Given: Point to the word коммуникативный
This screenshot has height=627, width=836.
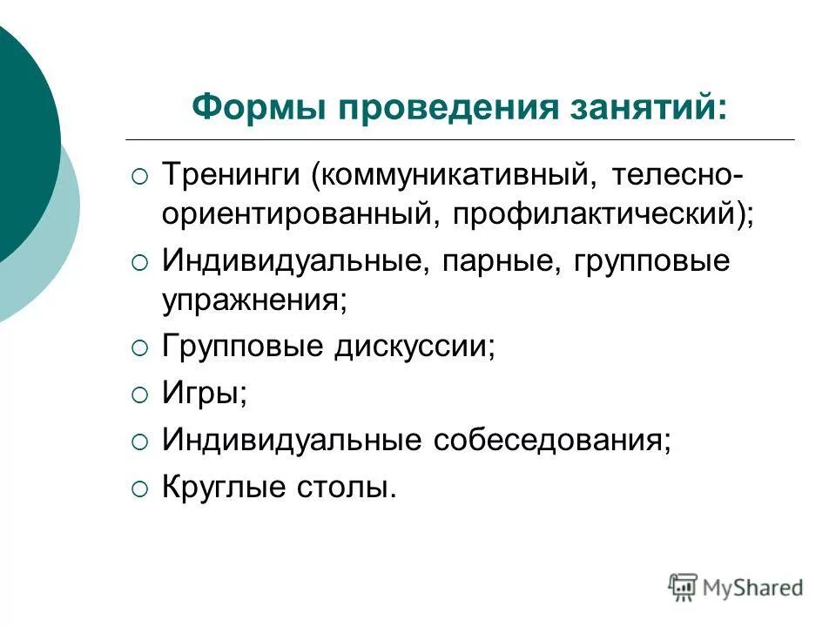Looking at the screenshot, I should click(x=456, y=176).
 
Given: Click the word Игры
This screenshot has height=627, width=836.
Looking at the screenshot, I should click(x=203, y=394).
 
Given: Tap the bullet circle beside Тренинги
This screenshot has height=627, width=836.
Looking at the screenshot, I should click(x=140, y=177).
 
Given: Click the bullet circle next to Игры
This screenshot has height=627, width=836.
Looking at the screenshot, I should click(x=140, y=395).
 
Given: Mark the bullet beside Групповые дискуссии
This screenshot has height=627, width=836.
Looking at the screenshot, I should click(x=140, y=349).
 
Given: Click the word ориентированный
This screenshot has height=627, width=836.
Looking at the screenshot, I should click(x=294, y=214).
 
